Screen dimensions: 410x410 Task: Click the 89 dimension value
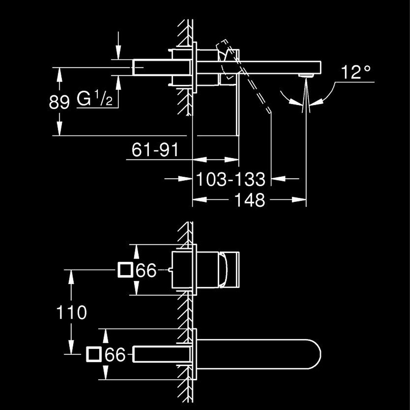coord(59,102)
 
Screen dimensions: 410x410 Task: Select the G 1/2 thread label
coord(95,98)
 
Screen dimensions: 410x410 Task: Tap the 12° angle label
coord(356,72)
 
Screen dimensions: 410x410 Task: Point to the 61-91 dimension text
coord(155,150)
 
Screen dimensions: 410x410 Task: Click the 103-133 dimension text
coord(231,179)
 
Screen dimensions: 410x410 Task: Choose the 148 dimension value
coord(250,200)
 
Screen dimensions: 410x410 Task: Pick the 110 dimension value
coord(71,312)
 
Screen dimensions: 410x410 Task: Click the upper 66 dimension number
coord(146,270)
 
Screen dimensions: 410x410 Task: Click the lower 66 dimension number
coord(115,354)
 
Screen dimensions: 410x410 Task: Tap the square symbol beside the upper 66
coord(125,270)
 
